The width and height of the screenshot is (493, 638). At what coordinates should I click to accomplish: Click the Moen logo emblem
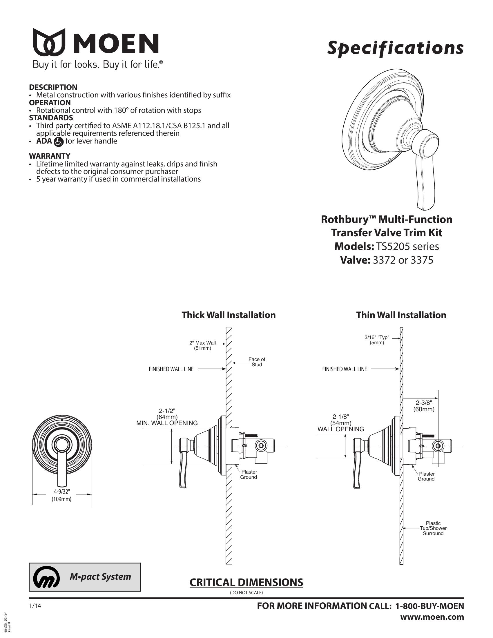(49, 42)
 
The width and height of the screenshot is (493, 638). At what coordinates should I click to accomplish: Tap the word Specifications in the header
(395, 48)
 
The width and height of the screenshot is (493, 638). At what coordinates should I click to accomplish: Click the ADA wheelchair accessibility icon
(59, 142)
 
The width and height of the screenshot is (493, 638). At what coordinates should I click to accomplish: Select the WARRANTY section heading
(49, 156)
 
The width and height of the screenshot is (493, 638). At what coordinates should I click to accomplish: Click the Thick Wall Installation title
(229, 315)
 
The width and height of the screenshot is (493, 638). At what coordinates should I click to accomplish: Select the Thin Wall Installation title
(401, 315)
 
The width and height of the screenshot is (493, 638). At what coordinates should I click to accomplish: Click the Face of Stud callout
(257, 362)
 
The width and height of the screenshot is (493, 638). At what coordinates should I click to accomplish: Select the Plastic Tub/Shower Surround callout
(433, 528)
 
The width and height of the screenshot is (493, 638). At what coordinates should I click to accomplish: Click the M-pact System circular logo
(46, 577)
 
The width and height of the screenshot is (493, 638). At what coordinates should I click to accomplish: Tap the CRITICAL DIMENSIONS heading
(246, 582)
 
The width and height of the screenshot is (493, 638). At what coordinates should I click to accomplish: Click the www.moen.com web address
(432, 617)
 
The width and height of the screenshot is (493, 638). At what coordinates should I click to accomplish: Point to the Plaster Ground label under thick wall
(249, 474)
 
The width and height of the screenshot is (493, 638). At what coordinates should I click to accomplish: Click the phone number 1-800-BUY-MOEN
(429, 606)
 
